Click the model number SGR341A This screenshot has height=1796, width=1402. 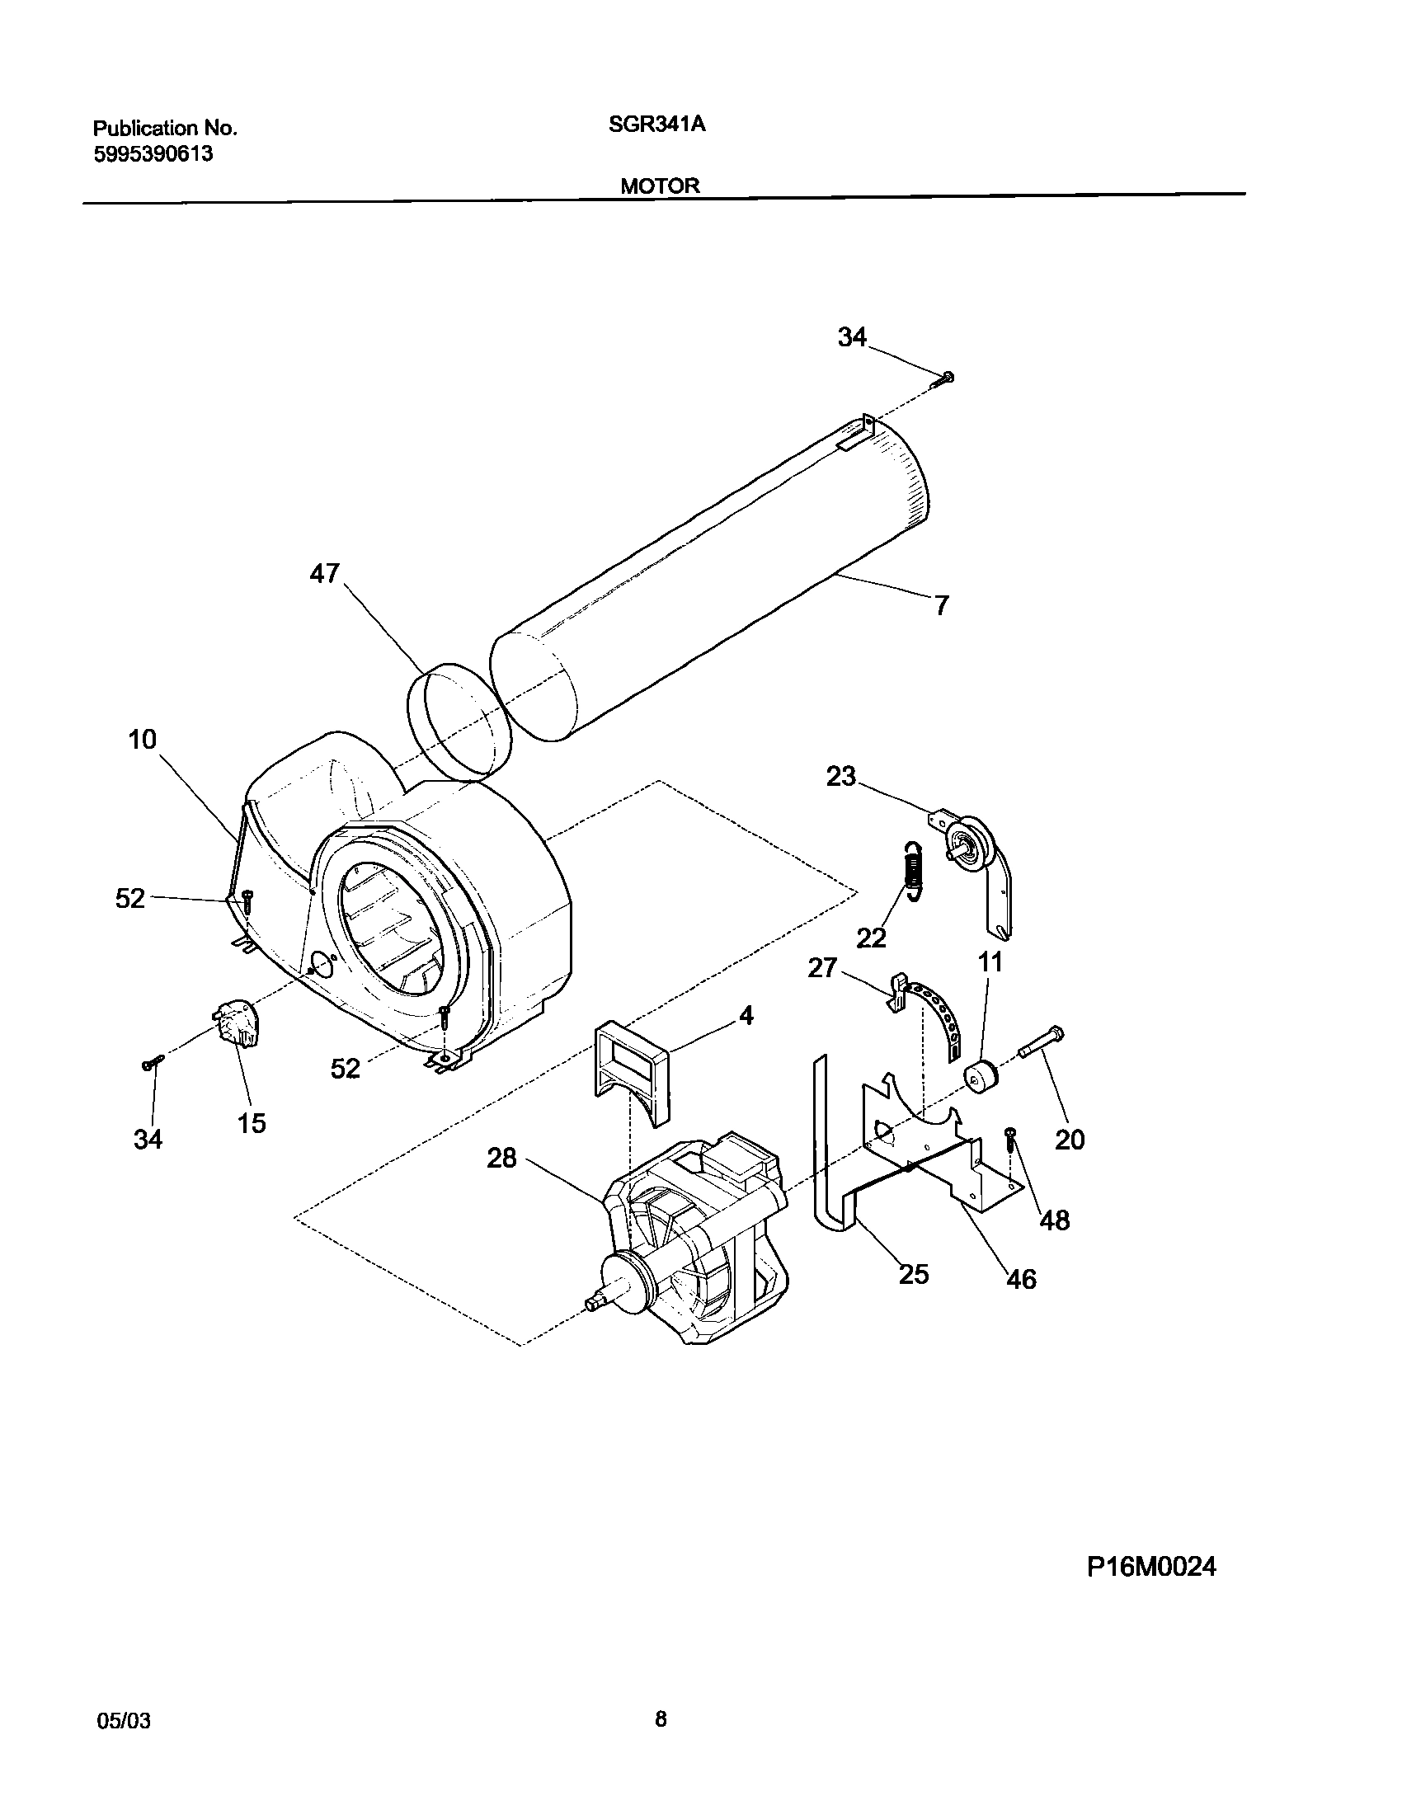click(x=656, y=125)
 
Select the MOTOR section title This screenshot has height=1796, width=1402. click(x=660, y=186)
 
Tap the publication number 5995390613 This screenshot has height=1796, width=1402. click(x=153, y=153)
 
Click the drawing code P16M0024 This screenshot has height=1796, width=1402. click(x=1151, y=1590)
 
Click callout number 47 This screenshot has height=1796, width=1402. click(x=325, y=573)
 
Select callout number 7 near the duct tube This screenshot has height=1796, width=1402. click(x=942, y=606)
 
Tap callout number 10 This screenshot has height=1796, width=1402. click(x=142, y=740)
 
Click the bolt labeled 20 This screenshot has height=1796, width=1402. click(x=1041, y=1041)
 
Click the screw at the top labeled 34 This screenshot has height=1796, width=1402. click(x=944, y=378)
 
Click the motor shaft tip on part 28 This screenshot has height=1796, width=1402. click(x=592, y=1303)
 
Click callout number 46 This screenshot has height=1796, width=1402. click(x=1021, y=1279)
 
